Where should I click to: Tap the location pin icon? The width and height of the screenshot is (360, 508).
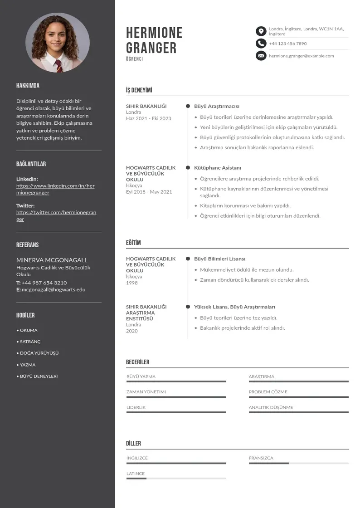click(x=261, y=31)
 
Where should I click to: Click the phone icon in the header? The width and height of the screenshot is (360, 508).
click(x=261, y=44)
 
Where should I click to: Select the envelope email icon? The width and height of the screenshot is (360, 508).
click(x=261, y=56)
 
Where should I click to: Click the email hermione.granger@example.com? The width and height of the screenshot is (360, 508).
click(x=301, y=56)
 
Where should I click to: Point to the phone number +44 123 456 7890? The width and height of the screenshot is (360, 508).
click(x=287, y=44)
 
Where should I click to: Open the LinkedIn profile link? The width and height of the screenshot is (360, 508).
click(x=55, y=189)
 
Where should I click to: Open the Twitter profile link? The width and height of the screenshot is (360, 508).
click(x=56, y=215)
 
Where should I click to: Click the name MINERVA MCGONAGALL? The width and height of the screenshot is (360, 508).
click(x=52, y=260)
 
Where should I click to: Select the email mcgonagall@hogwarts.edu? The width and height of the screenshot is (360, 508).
click(x=54, y=289)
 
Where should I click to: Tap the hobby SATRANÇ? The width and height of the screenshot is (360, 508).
click(x=30, y=342)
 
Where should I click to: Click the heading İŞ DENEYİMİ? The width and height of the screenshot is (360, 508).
click(x=139, y=90)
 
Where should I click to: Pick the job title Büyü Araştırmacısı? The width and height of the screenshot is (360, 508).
click(x=216, y=106)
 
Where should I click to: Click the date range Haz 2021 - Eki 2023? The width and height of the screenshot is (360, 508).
click(x=148, y=118)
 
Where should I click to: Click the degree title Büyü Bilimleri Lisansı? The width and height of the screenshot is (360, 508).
click(x=219, y=259)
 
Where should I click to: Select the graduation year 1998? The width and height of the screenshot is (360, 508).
click(x=131, y=283)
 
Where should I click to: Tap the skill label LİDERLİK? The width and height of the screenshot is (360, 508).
click(x=136, y=407)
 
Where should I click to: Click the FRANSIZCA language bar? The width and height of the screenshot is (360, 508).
click(x=298, y=463)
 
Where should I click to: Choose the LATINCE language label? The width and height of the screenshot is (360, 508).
click(x=136, y=474)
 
